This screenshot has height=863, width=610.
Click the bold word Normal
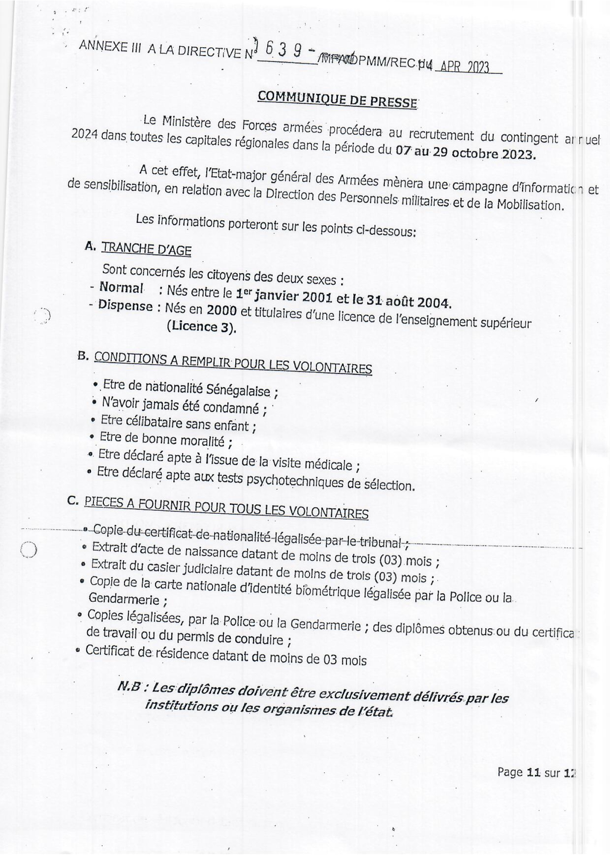pyautogui.click(x=121, y=288)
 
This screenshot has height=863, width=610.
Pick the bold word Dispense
pyautogui.click(x=125, y=306)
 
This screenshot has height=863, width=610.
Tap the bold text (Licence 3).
pyautogui.click(x=202, y=327)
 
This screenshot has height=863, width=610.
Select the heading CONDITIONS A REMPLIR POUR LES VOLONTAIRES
pyautogui.click(x=233, y=362)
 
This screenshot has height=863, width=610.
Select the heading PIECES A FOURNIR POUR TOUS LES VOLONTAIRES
pyautogui.click(x=226, y=507)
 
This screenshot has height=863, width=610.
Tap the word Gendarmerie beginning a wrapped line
pyautogui.click(x=124, y=599)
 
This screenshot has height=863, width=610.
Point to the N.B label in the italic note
pyautogui.click(x=130, y=687)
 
